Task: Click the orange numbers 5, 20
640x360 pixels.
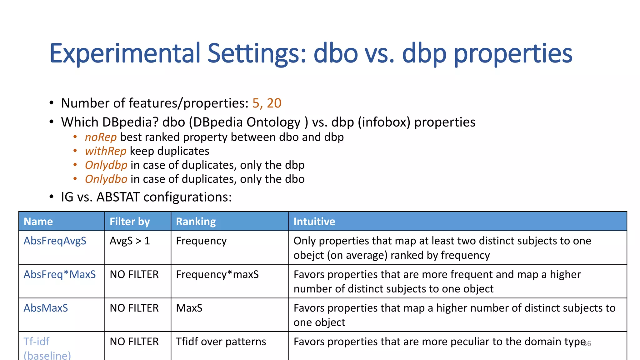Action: pos(267,103)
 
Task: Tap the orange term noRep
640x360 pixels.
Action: pos(101,137)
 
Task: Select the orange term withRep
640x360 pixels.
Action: pos(106,151)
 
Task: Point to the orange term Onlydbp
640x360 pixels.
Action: pos(106,165)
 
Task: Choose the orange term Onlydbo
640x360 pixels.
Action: pos(106,179)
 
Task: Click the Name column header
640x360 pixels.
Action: pos(38,222)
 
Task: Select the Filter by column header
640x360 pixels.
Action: pos(130,222)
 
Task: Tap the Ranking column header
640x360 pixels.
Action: pos(196,222)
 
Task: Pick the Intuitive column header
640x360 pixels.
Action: pos(314,222)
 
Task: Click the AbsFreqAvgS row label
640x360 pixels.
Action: pos(55,241)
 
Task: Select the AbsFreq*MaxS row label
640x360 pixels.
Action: pos(60,274)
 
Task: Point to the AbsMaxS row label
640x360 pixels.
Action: pos(46,308)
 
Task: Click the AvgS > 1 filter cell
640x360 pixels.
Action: pos(130,241)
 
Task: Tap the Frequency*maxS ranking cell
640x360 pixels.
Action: pos(217,274)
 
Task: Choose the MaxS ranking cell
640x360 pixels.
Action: pos(189,308)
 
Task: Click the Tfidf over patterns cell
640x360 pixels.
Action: pos(221,342)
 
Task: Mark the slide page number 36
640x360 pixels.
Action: pos(587,344)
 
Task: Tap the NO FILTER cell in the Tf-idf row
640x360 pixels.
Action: pos(134,342)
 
